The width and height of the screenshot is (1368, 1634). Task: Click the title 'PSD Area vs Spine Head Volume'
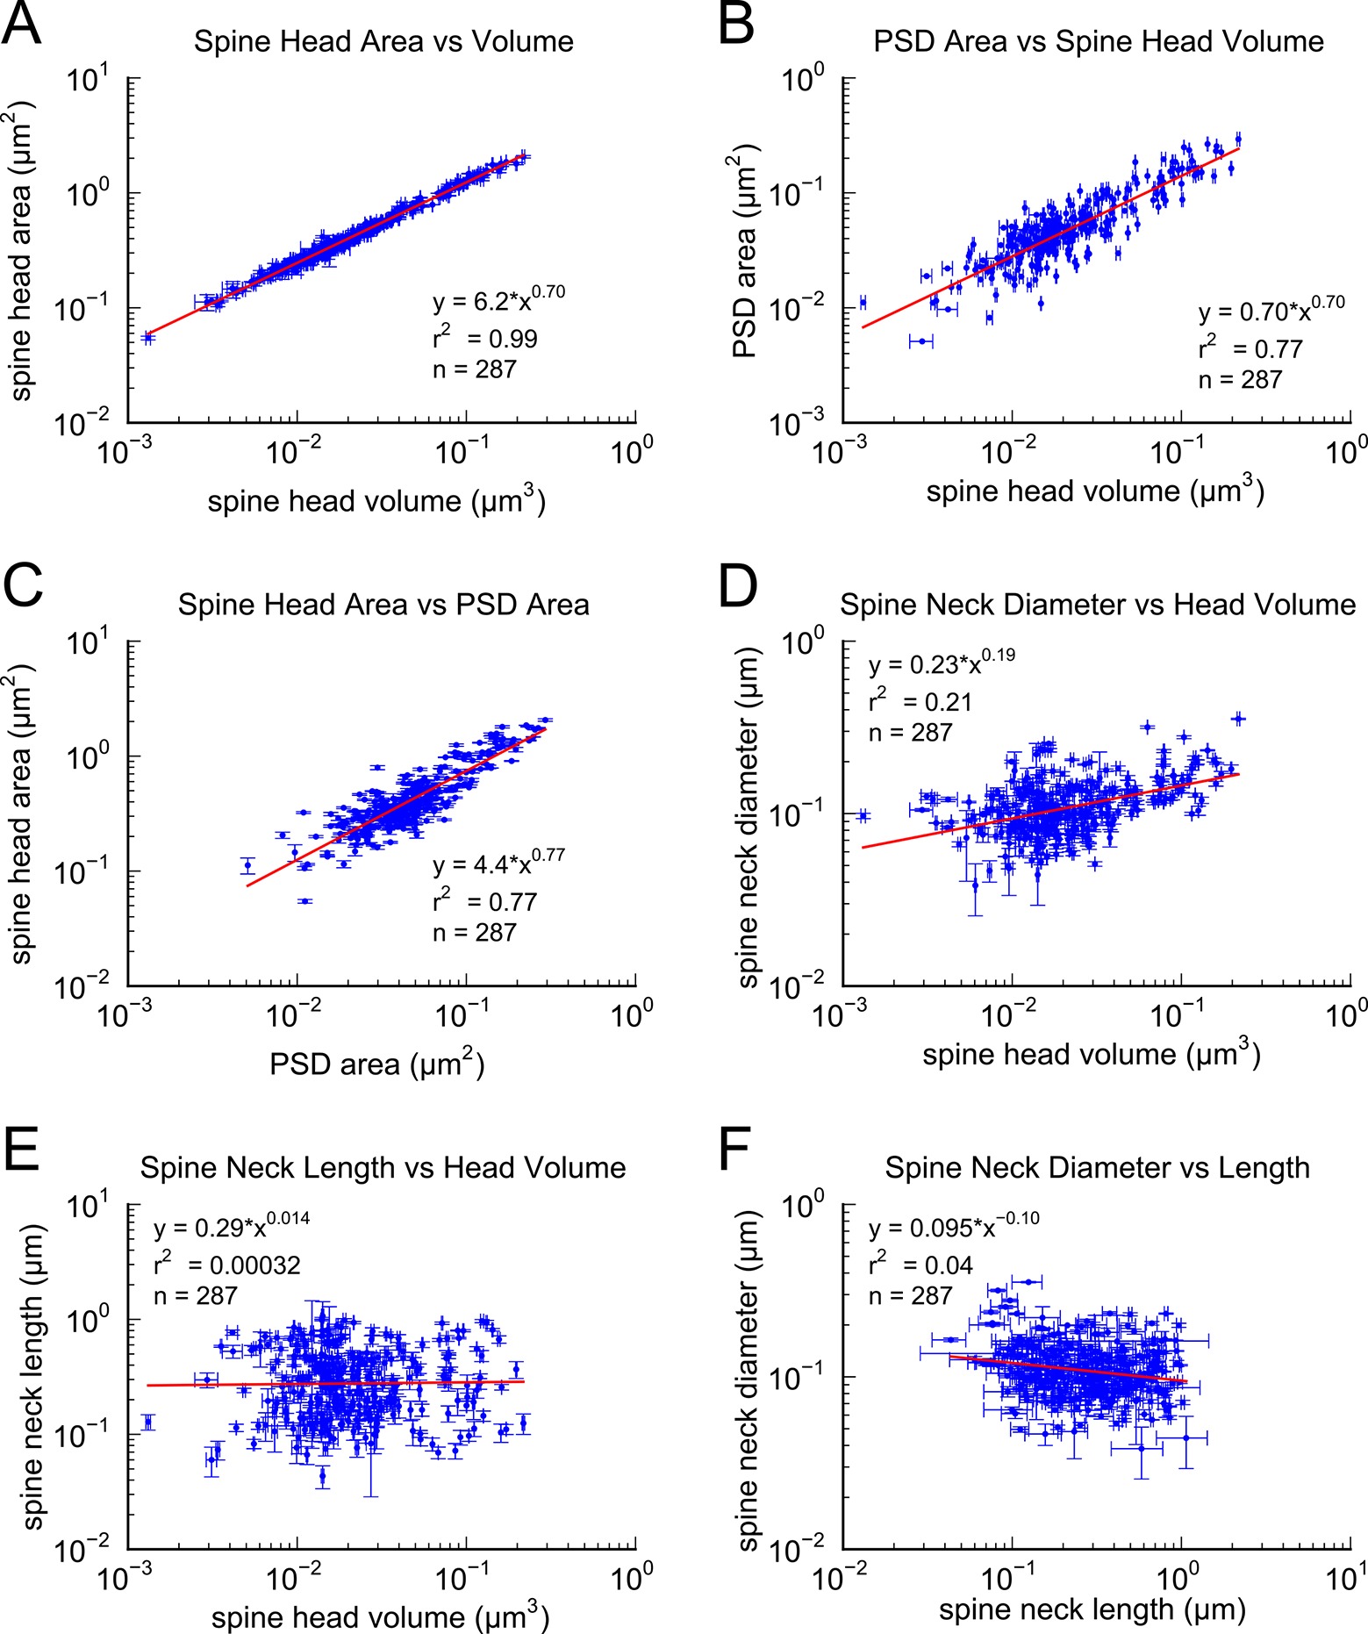click(1098, 42)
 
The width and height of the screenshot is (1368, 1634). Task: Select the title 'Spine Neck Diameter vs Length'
click(1097, 1168)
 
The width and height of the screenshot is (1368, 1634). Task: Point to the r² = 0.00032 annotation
click(227, 1265)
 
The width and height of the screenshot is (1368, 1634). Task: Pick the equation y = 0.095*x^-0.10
click(954, 1226)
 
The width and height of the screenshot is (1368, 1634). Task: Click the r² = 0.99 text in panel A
click(485, 338)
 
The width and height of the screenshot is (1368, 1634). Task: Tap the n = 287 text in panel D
click(911, 733)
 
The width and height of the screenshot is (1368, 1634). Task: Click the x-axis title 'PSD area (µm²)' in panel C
click(376, 1064)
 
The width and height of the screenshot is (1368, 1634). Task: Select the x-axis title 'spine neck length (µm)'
click(1092, 1609)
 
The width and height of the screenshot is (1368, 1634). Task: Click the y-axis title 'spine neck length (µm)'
click(33, 1378)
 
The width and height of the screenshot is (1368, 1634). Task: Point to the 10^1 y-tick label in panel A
click(88, 82)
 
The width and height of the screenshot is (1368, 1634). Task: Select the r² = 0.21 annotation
click(920, 701)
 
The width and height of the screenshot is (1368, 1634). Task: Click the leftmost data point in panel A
click(147, 337)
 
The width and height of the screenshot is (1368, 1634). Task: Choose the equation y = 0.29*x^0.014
click(232, 1226)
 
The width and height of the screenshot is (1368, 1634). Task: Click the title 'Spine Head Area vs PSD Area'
click(383, 606)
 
